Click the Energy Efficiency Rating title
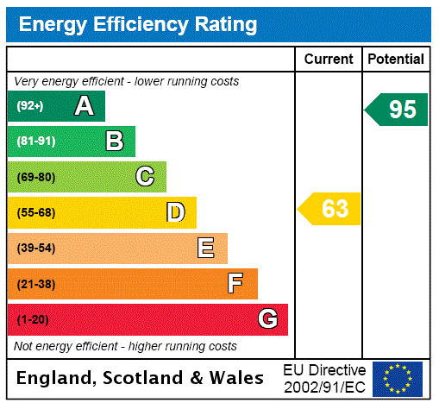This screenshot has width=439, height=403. (138, 25)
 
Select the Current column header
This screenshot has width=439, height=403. (329, 60)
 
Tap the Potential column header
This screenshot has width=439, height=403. (396, 60)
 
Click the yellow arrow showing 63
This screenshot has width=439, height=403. (329, 209)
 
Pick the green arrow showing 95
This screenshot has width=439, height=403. (397, 110)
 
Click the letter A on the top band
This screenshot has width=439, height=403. (84, 106)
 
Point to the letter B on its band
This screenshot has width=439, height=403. (115, 142)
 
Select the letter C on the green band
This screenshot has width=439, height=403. (145, 177)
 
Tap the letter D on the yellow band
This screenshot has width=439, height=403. (176, 212)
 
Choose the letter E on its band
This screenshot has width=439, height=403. (206, 249)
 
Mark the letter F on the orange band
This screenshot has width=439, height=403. (235, 284)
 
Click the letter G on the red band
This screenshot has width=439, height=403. (267, 319)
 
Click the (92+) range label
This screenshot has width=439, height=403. (30, 106)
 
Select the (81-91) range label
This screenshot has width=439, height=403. (35, 142)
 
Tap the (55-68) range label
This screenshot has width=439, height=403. (35, 212)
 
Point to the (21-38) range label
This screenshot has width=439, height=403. (35, 284)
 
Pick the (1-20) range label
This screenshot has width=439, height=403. (33, 319)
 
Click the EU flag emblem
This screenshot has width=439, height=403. (398, 379)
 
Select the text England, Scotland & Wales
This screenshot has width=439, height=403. (141, 378)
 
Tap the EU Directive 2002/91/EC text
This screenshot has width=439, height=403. (324, 378)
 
